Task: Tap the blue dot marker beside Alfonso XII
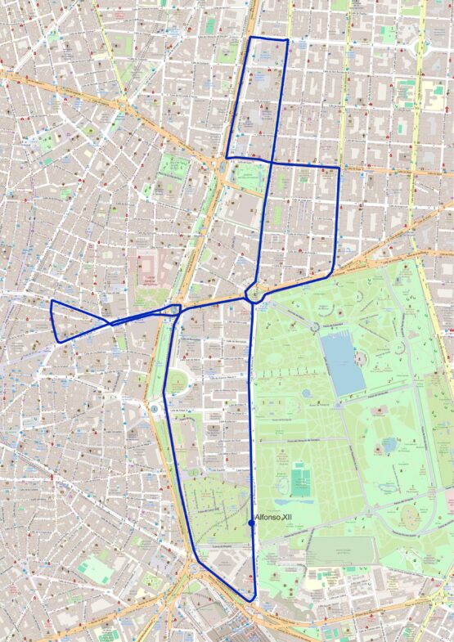pyautogui.click(x=250, y=523)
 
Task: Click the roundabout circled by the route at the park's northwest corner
pyautogui.click(x=254, y=298)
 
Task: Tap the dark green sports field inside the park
pyautogui.click(x=300, y=481)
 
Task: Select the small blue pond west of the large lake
pyautogui.click(x=306, y=393)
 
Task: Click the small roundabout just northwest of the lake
pyautogui.click(x=314, y=326)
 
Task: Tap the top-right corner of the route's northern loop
pyautogui.click(x=288, y=39)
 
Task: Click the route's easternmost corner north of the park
pyautogui.click(x=339, y=169)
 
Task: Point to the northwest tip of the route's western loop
pyautogui.click(x=52, y=301)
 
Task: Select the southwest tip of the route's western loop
pyautogui.click(x=56, y=341)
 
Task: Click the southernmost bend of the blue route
pyautogui.click(x=254, y=601)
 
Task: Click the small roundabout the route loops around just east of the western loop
pyautogui.click(x=176, y=309)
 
